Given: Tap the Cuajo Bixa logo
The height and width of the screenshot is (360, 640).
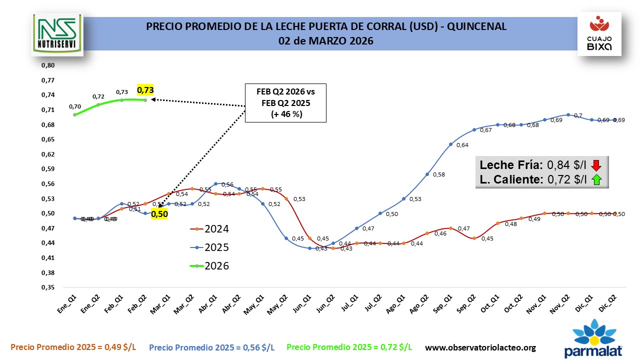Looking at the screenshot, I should coord(599,33).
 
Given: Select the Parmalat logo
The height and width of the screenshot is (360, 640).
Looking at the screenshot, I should coord(593,340).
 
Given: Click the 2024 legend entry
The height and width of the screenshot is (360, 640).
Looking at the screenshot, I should coord(209,229).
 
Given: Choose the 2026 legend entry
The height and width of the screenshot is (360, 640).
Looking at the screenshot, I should coord(209,266).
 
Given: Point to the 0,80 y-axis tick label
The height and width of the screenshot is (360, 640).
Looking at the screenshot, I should coord(47,65).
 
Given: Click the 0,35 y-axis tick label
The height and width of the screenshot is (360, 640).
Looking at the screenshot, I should coord(47,287).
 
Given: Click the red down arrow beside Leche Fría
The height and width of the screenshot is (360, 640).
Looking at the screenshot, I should coord(595,165).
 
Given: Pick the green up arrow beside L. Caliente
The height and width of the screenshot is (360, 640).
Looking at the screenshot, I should coord(595,180).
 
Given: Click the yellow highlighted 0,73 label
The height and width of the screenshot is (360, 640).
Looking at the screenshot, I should coord(145,90).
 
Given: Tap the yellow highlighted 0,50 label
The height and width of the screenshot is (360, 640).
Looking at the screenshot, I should coord(159,214).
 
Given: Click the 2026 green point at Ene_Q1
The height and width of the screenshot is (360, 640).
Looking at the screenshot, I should coord(74,114).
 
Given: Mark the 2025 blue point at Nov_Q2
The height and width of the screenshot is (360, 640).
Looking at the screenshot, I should coord(568,114).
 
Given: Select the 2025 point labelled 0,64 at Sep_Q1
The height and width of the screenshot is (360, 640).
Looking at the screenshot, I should coord(450,144).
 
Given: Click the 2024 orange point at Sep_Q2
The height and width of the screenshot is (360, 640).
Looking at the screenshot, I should coord(474,238).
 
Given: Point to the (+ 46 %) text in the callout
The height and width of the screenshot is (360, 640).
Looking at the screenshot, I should coord(285,114).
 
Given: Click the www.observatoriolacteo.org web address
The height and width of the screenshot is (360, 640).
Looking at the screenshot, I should coord(480,347).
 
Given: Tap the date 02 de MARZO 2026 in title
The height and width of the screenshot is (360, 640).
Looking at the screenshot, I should coord(326,40).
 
